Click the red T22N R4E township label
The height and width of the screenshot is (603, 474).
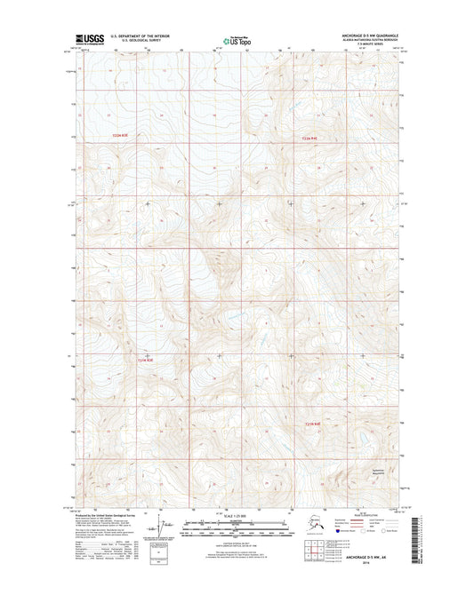click(308, 139)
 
